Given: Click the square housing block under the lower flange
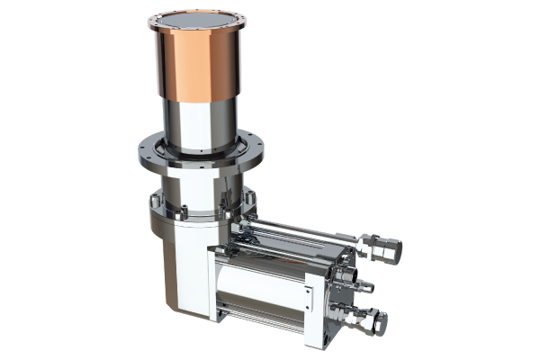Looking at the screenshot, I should (184, 270).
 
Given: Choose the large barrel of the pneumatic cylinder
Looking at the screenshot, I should (261, 283).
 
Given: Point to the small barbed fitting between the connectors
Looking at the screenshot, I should (364, 286).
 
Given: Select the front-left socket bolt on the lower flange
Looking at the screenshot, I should (181, 216).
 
